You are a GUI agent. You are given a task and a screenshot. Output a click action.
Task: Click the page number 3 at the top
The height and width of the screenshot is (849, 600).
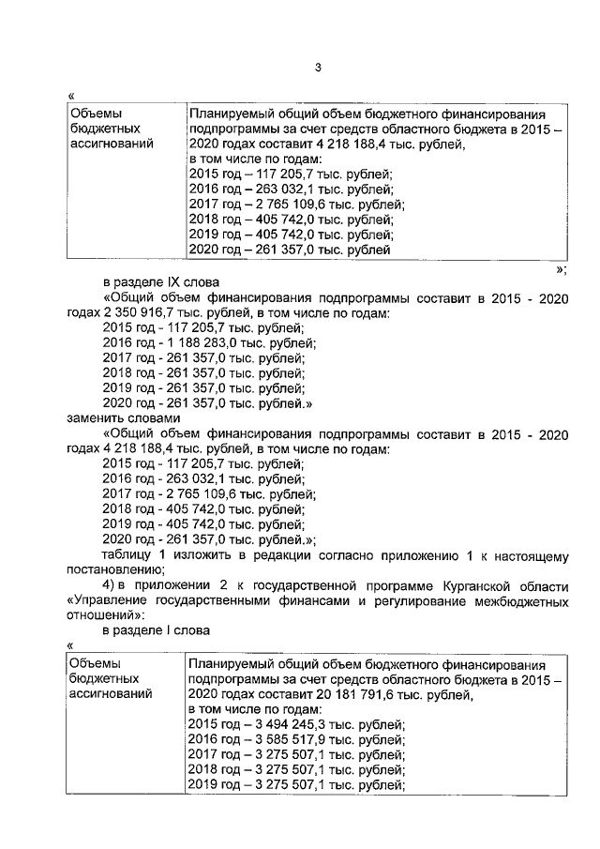(318, 67)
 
